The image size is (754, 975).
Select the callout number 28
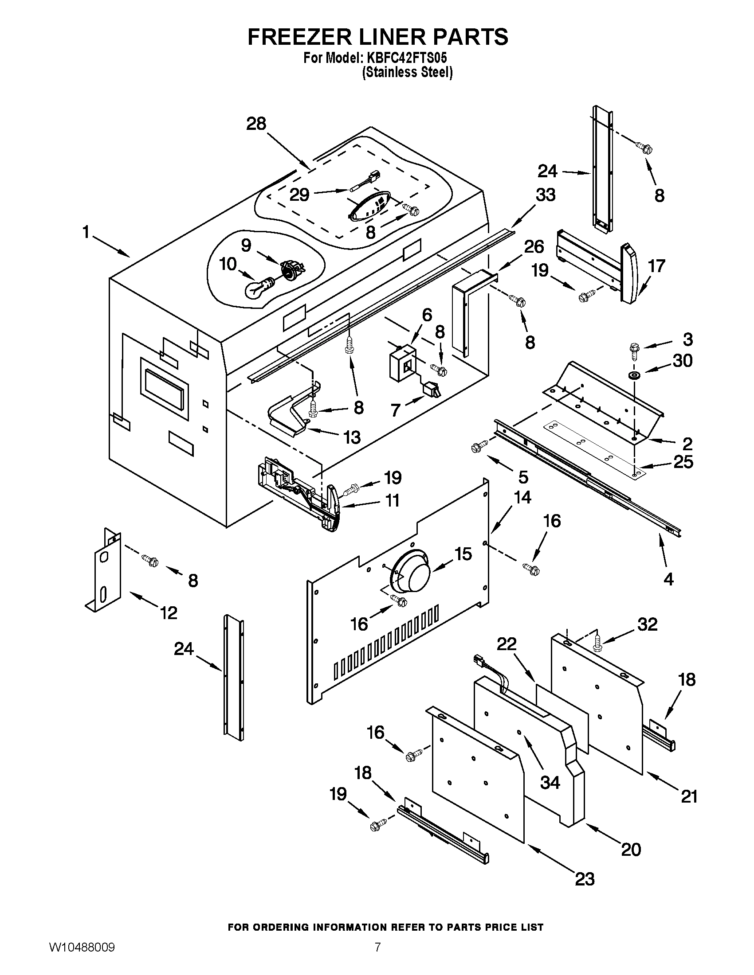pyautogui.click(x=256, y=124)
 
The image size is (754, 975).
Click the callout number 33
pyautogui.click(x=545, y=195)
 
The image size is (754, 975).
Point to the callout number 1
pyautogui.click(x=86, y=232)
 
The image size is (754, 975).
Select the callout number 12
pyautogui.click(x=169, y=612)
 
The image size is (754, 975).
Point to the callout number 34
pyautogui.click(x=550, y=782)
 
